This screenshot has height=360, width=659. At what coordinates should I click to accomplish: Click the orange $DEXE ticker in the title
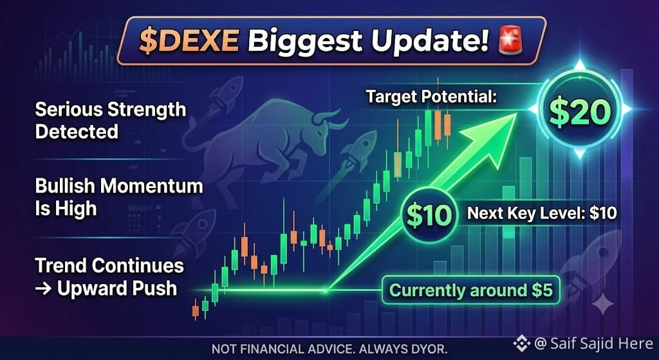coord(189,41)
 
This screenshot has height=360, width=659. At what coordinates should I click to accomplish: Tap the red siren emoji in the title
coord(510,41)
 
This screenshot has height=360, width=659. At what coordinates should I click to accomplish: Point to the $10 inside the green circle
coord(429,215)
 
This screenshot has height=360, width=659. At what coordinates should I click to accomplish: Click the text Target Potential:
coord(431,97)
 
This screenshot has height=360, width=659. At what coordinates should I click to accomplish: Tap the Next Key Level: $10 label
coord(542,213)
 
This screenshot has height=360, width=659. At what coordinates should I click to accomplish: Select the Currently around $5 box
coord(470,290)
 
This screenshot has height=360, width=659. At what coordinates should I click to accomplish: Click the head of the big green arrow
coord(497,134)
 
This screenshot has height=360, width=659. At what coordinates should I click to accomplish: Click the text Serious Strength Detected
coord(111,121)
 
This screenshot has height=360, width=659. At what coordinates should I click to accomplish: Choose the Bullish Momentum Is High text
coord(119,197)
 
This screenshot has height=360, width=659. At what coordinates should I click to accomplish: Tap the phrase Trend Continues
coord(109,266)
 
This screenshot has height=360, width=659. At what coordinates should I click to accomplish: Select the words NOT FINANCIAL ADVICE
coord(267,348)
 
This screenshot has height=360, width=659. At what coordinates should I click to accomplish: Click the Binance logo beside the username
coord(521,344)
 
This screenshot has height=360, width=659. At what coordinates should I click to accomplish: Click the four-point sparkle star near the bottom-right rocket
coord(602,304)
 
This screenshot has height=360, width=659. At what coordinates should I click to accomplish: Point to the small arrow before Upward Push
coord(44,289)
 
